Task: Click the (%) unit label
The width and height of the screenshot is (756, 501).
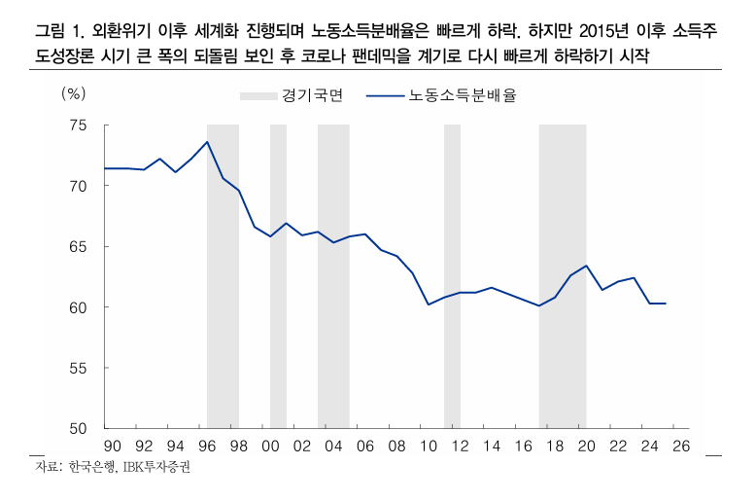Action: [73, 94]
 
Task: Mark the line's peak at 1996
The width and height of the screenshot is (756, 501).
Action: [207, 142]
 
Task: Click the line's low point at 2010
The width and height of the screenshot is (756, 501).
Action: [429, 304]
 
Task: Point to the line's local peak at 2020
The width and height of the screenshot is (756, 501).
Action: [586, 266]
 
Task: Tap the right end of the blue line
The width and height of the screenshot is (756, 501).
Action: [665, 304]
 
